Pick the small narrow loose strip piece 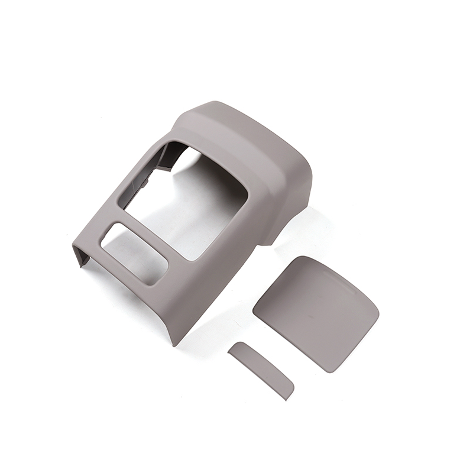click(261, 370)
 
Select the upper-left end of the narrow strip click(232, 349)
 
